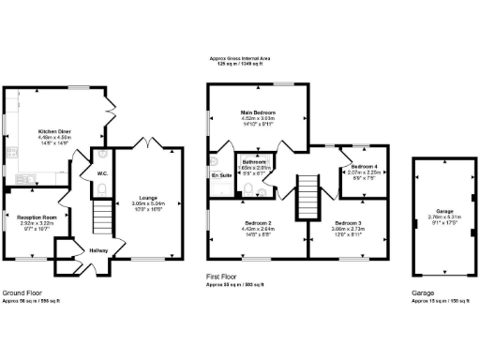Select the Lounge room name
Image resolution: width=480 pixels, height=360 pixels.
coord(147,198)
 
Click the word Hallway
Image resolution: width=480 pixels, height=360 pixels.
coord(99,250)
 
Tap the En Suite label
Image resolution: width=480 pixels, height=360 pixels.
coord(221,175)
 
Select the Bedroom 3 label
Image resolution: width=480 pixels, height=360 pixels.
coord(346,223)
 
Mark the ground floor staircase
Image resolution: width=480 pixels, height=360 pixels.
coord(101,221)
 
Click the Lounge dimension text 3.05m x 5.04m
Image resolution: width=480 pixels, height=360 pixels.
coord(147,203)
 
